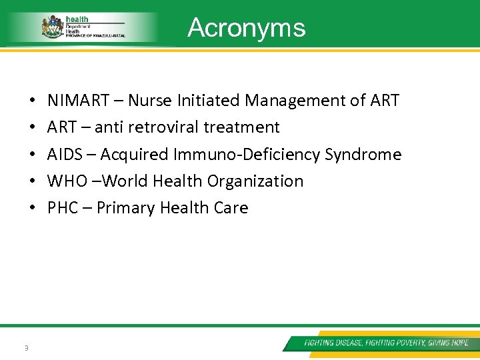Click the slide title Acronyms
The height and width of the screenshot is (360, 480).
[247, 28]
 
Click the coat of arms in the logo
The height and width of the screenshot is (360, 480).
[52, 27]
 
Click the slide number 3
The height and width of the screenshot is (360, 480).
[25, 347]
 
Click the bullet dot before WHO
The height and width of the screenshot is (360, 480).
[33, 181]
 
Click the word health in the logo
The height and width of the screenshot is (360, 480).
[77, 20]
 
